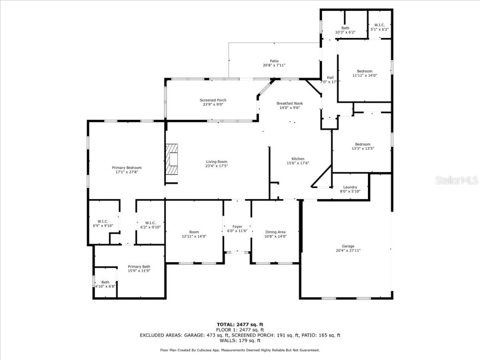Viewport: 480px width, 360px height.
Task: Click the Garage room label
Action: click(348, 246)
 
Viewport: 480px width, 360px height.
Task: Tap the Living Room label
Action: click(216, 162)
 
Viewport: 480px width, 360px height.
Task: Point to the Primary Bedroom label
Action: click(127, 167)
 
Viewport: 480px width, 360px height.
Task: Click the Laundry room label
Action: click(350, 187)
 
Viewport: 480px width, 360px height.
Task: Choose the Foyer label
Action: click(237, 226)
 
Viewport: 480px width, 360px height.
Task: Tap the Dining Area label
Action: click(275, 232)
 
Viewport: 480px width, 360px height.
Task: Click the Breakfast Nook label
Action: click(289, 103)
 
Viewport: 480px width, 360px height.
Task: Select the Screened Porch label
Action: click(213, 100)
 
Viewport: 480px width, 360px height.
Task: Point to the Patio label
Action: click(274, 61)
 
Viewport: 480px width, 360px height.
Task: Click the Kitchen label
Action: click(298, 159)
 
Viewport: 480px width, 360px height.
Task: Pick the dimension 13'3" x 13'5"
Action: click(362, 149)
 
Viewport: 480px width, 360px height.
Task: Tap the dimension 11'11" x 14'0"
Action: click(365, 75)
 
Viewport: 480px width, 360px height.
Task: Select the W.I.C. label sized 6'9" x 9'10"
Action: click(103, 222)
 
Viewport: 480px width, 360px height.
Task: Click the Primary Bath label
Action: click(139, 266)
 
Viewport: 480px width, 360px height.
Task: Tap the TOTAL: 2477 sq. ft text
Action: click(240, 324)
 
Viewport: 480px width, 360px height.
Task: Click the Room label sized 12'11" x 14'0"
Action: click(194, 232)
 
